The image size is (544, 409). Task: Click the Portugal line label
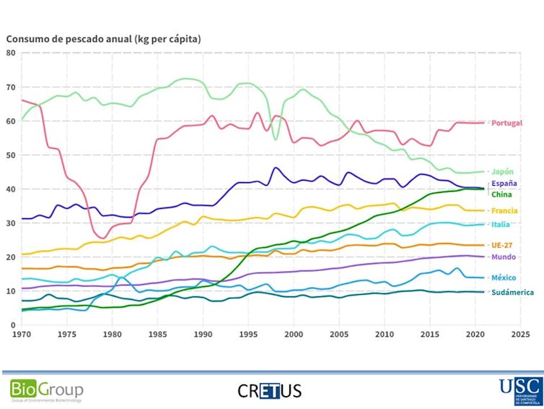coord(506,124)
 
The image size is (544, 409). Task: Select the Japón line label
coord(502,172)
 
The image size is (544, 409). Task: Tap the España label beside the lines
coord(504,184)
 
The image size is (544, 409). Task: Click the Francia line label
coord(504,211)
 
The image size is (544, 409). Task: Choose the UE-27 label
coord(503,246)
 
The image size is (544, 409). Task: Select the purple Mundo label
coord(503,257)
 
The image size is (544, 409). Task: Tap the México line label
coord(504,278)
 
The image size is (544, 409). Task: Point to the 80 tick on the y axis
coord(12,53)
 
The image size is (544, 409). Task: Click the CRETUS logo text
coord(269,391)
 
